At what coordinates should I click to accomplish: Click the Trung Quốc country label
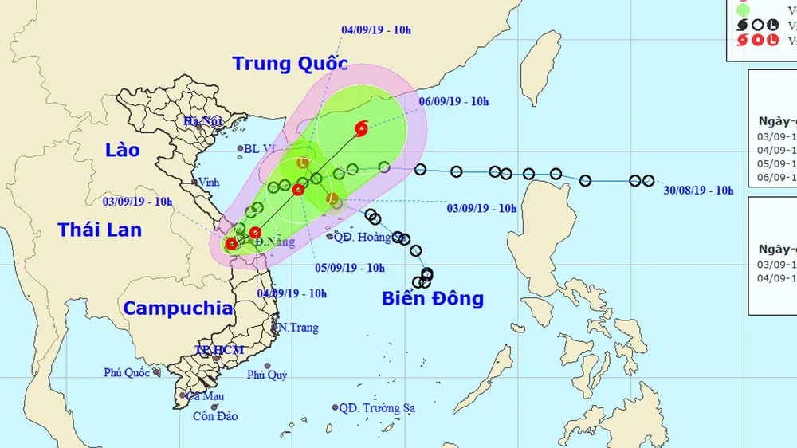[290, 64]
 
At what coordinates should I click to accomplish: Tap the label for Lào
[122, 150]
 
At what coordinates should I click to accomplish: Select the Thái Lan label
[100, 230]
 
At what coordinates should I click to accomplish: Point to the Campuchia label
[178, 308]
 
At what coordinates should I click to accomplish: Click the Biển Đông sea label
[432, 299]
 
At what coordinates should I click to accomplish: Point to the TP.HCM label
[220, 351]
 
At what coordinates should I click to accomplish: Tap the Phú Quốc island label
[127, 372]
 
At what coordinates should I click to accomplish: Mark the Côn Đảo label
[215, 416]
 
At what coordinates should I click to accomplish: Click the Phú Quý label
[267, 375]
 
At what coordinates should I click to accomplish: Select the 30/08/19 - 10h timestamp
[699, 190]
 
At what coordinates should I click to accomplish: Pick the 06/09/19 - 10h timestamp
[453, 101]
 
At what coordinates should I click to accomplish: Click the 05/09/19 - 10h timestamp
[350, 268]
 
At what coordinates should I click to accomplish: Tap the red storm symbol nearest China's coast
[361, 128]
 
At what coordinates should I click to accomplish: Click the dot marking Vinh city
[194, 182]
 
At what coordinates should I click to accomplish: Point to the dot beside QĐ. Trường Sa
[336, 407]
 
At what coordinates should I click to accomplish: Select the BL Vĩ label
[261, 148]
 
